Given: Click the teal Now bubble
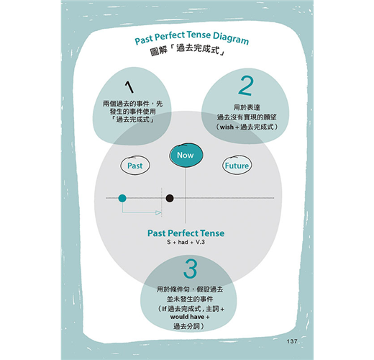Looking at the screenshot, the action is [186, 155].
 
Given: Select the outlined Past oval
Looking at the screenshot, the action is [135, 166].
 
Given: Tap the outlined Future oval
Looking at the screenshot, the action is [237, 166].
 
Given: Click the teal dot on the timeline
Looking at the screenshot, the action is [122, 198].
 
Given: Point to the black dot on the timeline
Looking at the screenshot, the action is [170, 198].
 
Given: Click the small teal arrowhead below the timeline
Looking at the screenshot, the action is [158, 212].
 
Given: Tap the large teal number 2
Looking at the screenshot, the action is [246, 86].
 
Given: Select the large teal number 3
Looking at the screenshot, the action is [191, 269].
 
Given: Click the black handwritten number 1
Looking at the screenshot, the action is [129, 87].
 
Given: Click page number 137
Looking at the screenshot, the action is [292, 341].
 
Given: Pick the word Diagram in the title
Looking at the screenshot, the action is [231, 38].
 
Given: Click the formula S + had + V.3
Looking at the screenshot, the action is [186, 242].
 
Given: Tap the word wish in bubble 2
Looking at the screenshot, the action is [227, 127].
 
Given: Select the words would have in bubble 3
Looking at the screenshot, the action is [187, 317].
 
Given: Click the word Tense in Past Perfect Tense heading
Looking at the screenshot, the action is [212, 233].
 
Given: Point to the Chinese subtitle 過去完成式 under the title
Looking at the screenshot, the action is [198, 49].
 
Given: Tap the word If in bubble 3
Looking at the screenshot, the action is [164, 309].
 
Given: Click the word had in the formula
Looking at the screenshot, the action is [183, 242].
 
